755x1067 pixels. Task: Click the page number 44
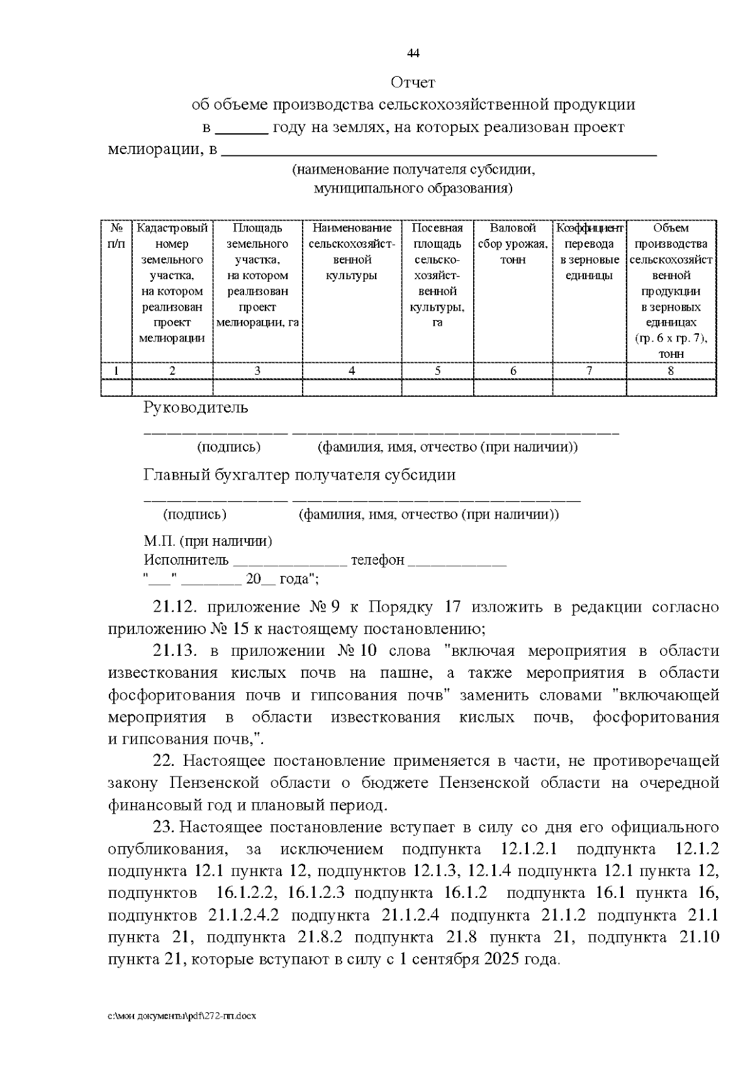click(x=413, y=53)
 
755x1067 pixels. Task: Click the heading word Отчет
click(x=413, y=82)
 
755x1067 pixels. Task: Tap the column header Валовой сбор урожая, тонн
click(x=513, y=244)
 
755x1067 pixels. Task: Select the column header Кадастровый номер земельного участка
click(x=172, y=283)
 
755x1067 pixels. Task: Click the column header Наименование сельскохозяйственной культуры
click(x=352, y=252)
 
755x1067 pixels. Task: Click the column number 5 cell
click(x=437, y=371)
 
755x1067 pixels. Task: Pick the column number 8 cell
click(x=671, y=371)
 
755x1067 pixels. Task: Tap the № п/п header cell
click(x=116, y=236)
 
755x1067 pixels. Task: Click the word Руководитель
click(x=196, y=407)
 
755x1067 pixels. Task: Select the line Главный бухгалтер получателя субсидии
click(x=299, y=475)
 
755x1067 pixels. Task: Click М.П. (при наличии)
click(x=208, y=541)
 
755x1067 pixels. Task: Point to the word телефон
click(x=377, y=560)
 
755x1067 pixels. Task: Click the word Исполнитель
click(x=186, y=560)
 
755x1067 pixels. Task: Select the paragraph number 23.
click(x=164, y=827)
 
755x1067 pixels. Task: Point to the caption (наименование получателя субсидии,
click(x=413, y=170)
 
